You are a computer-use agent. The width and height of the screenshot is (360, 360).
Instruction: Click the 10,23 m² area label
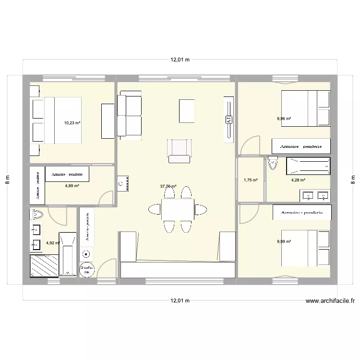pos(72,122)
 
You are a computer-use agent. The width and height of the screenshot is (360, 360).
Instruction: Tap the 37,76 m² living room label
pos(168,187)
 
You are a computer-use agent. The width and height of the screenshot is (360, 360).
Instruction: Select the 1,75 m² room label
pos(251,180)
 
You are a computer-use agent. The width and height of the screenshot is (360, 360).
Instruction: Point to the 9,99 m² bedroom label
pos(284,242)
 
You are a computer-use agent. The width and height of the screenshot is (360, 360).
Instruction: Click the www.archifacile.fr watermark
pos(330,301)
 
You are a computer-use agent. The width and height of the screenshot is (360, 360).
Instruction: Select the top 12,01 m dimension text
pos(180,60)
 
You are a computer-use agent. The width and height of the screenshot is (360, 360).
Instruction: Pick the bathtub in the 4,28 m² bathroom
pos(308,166)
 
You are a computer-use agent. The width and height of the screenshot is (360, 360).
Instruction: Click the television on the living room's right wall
pos(228,119)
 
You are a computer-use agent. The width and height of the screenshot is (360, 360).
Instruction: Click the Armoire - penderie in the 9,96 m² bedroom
pos(300,145)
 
